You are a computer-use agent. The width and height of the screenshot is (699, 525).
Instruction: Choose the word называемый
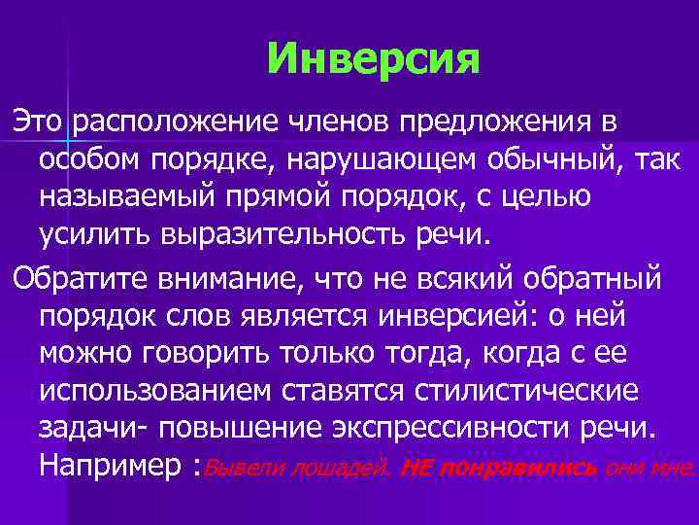(135, 197)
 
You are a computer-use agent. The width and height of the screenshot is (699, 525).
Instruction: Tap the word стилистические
(514, 393)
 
